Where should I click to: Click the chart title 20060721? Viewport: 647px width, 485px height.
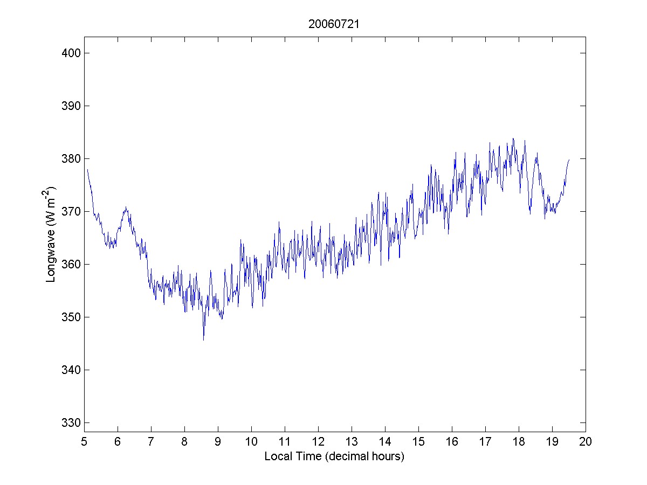334,24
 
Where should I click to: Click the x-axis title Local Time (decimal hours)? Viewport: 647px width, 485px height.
334,456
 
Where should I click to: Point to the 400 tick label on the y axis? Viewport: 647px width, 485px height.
70,53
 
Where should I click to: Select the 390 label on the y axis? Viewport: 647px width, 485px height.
70,106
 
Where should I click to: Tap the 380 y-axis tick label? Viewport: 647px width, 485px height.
70,158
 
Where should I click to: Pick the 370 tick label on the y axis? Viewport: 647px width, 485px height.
70,211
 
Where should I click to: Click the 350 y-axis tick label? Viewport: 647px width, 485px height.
70,317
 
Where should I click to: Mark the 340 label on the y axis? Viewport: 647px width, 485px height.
70,370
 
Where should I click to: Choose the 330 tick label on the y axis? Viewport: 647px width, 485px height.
70,422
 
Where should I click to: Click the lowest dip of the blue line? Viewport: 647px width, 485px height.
203,339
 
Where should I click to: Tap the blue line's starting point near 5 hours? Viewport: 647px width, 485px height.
87,169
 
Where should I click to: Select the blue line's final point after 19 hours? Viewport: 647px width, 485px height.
569,160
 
